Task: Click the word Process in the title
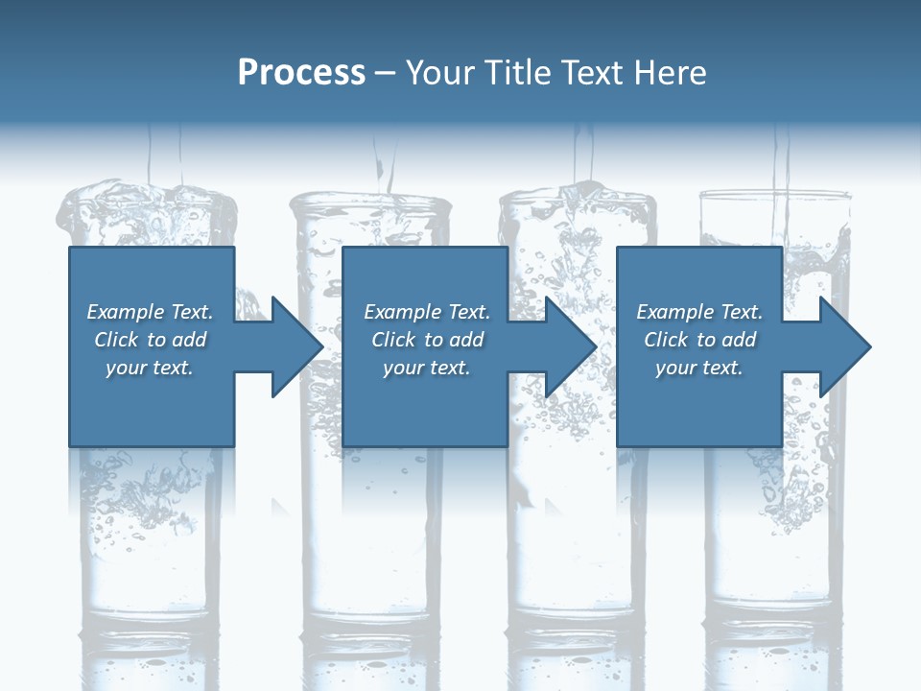(x=301, y=73)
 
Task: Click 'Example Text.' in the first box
(x=150, y=312)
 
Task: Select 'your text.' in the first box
(x=150, y=368)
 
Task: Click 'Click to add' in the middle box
(x=427, y=340)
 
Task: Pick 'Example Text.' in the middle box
(x=427, y=312)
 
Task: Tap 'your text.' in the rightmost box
(x=699, y=368)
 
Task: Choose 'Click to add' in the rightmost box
(x=699, y=340)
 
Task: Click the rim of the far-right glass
(x=775, y=195)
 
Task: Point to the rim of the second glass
(x=370, y=199)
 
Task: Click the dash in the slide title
(x=386, y=74)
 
